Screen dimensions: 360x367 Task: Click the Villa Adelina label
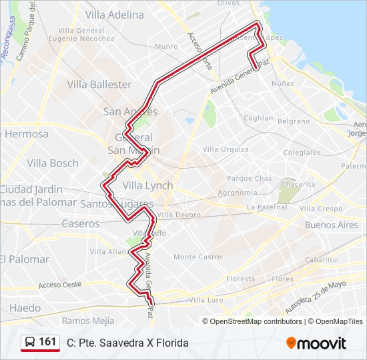115,14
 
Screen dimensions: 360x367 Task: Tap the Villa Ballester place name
100,85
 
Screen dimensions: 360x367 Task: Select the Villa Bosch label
53,163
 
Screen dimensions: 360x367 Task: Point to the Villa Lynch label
147,185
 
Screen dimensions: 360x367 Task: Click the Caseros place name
81,223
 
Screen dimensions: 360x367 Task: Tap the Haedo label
25,308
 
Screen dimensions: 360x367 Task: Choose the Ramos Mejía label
88,321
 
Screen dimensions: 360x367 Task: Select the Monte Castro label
198,257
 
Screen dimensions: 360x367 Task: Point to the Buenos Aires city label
331,225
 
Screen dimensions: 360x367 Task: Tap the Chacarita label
298,183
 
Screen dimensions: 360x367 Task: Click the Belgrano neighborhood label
294,121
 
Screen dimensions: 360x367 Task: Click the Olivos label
228,3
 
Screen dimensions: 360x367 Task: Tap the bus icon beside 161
30,342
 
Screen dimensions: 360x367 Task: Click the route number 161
47,342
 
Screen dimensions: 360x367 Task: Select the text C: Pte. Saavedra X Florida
127,343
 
